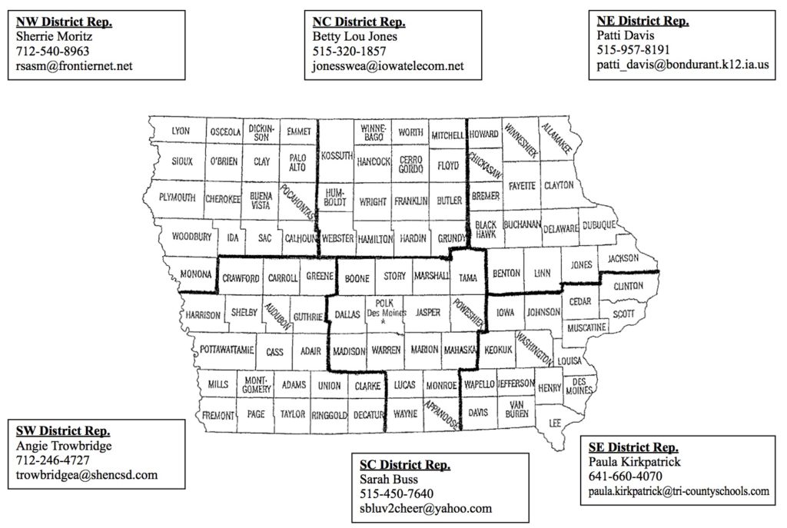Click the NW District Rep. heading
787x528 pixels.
pos(64,22)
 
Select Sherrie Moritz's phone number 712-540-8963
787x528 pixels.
pos(52,51)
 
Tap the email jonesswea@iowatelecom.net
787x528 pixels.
pos(388,66)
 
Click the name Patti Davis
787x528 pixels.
pos(623,35)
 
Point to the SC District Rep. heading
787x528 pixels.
pos(405,464)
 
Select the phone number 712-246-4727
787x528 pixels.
pos(52,460)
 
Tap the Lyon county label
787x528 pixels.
pos(180,131)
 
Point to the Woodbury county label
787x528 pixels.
pos(191,237)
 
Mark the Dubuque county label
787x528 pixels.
pos(599,225)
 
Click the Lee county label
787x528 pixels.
pos(555,423)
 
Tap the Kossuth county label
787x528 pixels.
pos(334,155)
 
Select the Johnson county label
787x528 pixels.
pos(543,313)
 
